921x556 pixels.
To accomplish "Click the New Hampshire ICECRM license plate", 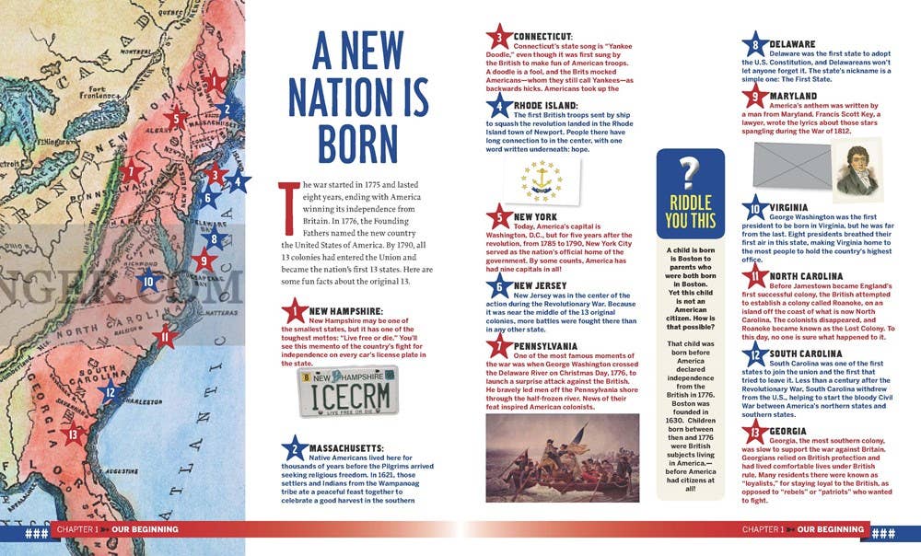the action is point(349,391).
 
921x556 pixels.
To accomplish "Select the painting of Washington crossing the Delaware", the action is point(563,457).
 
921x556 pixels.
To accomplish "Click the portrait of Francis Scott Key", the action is point(858,170).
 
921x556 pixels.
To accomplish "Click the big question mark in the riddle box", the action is point(689,171).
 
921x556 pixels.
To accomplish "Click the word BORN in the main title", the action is point(358,143).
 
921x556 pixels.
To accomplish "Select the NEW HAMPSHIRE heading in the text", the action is point(352,311).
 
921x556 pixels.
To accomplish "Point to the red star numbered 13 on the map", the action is point(73,434).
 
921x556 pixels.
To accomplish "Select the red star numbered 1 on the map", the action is point(215,81).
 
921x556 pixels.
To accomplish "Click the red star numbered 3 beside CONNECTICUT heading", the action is point(499,39).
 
